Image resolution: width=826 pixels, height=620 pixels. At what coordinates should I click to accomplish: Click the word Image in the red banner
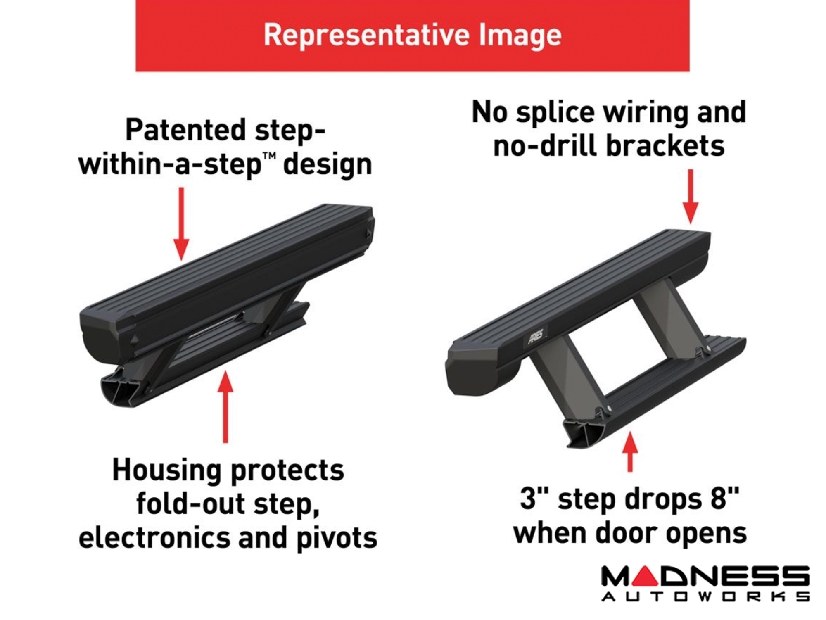(x=520, y=35)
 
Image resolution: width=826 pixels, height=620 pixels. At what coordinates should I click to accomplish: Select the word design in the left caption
(x=328, y=164)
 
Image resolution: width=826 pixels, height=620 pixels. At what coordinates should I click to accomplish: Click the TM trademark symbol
(x=269, y=157)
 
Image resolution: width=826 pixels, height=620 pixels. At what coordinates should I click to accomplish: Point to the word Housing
(x=167, y=470)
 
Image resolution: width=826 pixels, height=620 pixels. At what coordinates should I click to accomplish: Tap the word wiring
(x=646, y=112)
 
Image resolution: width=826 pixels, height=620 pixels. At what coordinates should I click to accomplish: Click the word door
(x=627, y=533)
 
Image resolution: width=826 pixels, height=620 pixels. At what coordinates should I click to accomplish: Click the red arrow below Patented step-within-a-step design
(x=181, y=224)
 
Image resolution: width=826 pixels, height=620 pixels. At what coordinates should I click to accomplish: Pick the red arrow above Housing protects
(x=225, y=407)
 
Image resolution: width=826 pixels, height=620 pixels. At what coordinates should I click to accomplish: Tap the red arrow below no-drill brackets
(x=690, y=197)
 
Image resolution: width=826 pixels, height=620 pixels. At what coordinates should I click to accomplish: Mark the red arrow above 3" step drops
(x=630, y=452)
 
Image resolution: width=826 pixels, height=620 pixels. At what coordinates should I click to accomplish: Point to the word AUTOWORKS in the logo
(x=705, y=596)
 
